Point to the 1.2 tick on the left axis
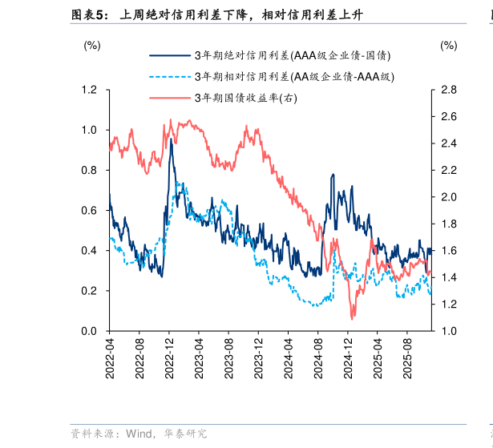(x=90, y=90)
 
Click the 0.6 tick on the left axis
(x=90, y=210)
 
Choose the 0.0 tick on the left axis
(x=90, y=331)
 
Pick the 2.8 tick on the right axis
(x=448, y=90)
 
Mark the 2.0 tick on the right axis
(x=448, y=197)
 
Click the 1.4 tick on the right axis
(x=448, y=277)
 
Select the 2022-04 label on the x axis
(x=110, y=354)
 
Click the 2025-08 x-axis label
(x=406, y=354)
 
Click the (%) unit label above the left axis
(x=92, y=46)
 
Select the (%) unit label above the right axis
(x=448, y=46)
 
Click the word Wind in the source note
(x=140, y=434)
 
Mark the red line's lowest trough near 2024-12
(x=351, y=318)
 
